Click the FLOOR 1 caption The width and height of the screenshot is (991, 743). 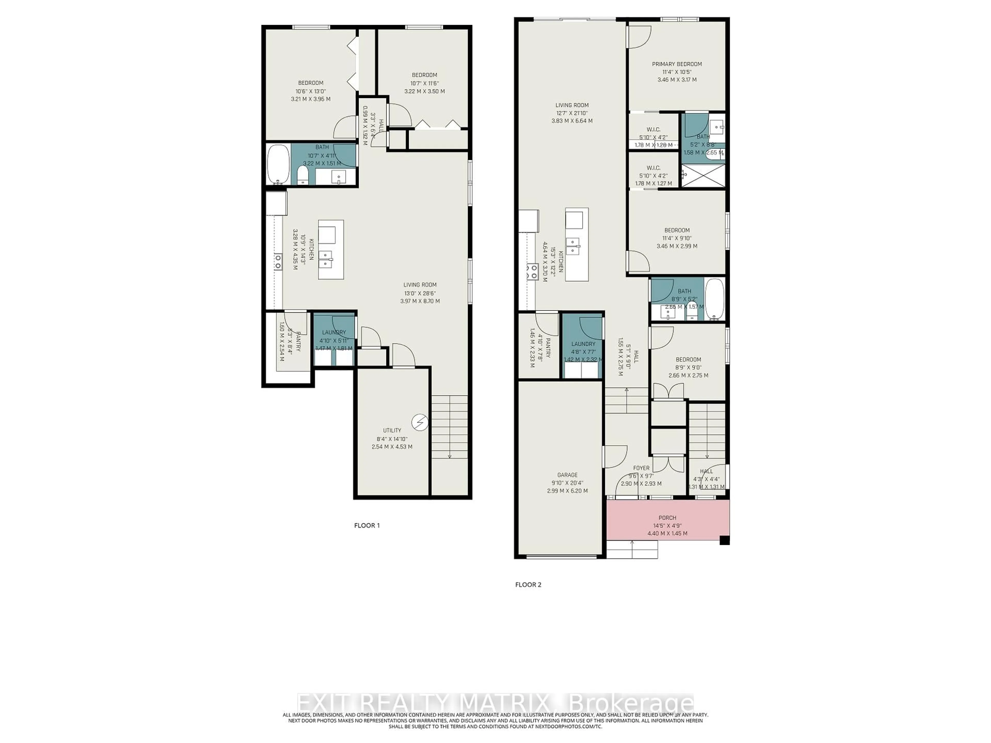[366, 525]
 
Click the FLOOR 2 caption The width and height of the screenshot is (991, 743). [528, 584]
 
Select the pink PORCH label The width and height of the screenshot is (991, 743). [667, 518]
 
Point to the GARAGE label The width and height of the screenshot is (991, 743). [567, 475]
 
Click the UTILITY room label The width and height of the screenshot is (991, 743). [392, 430]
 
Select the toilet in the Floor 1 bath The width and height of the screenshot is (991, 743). [303, 176]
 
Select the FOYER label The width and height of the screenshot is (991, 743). [641, 468]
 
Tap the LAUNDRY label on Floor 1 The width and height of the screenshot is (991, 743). [334, 332]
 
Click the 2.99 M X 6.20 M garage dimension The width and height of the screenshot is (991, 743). [567, 491]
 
